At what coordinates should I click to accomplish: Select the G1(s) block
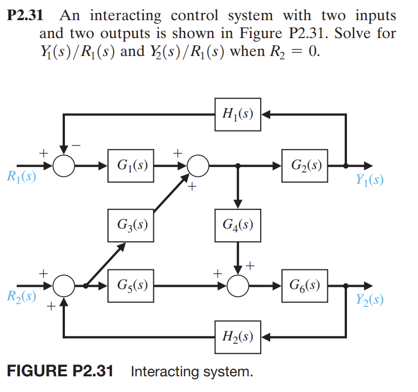[x=131, y=165]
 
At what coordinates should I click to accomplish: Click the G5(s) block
[x=131, y=284]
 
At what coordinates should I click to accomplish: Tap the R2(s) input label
[x=21, y=297]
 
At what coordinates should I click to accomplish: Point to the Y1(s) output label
[x=369, y=180]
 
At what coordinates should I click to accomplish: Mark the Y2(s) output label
[x=369, y=299]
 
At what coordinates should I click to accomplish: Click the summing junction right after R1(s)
[x=65, y=166]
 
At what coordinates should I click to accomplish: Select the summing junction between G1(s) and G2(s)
[x=198, y=166]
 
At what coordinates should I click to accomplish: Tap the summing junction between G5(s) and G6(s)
[x=239, y=285]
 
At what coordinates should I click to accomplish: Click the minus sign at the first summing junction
[x=79, y=146]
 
